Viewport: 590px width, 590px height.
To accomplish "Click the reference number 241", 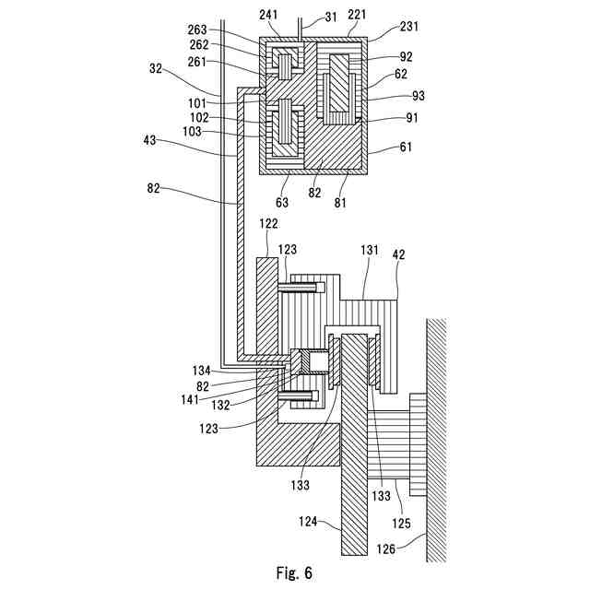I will [269, 14].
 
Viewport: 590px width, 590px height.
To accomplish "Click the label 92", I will [406, 56].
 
